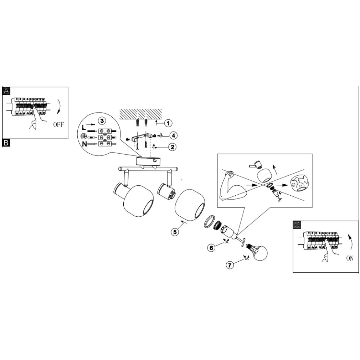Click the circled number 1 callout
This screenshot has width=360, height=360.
168,123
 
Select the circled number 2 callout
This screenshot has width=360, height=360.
172,147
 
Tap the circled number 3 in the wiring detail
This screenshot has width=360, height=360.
102,121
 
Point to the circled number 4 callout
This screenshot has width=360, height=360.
173,135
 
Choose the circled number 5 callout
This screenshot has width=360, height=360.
175,232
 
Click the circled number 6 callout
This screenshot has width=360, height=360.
211,248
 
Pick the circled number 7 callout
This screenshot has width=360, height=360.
230,265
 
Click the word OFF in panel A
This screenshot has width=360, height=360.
58,125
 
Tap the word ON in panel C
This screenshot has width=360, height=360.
350,258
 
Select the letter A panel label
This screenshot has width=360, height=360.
6,91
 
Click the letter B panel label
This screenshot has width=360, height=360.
6,143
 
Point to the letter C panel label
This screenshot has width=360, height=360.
297,225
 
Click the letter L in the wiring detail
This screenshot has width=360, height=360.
84,128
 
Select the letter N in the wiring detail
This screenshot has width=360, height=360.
84,144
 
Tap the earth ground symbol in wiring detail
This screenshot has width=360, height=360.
83,137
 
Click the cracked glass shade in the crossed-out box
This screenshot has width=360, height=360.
299,184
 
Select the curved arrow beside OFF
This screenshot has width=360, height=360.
59,106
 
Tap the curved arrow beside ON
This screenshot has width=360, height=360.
350,242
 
